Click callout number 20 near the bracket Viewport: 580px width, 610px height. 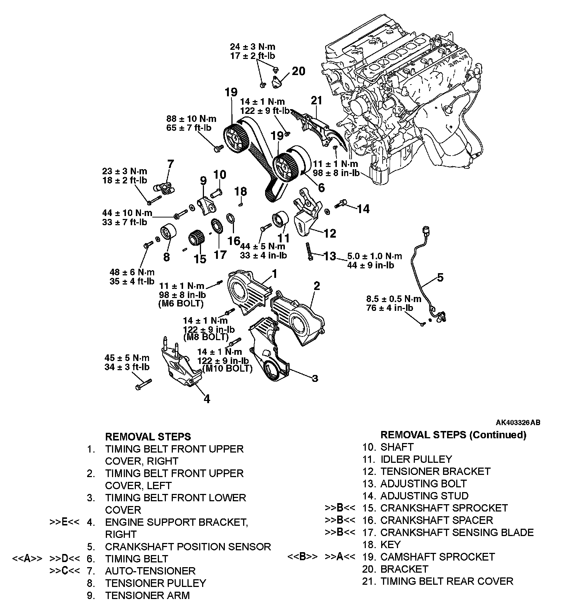[298, 71]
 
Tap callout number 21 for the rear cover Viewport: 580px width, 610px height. [316, 100]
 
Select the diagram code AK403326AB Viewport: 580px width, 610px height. [518, 423]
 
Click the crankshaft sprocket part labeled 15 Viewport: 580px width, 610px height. [196, 240]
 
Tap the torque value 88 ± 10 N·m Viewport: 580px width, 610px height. [191, 119]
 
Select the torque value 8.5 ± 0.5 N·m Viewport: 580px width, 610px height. [394, 299]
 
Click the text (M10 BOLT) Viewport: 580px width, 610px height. [225, 369]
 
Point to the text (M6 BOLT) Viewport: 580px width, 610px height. [181, 304]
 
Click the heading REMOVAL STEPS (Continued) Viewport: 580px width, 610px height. [453, 435]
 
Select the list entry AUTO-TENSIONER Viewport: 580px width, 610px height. [150, 571]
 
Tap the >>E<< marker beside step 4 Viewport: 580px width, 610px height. [64, 522]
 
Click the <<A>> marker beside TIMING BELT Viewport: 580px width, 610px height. [27, 559]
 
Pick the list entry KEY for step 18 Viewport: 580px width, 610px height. [391, 544]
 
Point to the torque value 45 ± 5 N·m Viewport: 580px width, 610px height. [127, 358]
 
